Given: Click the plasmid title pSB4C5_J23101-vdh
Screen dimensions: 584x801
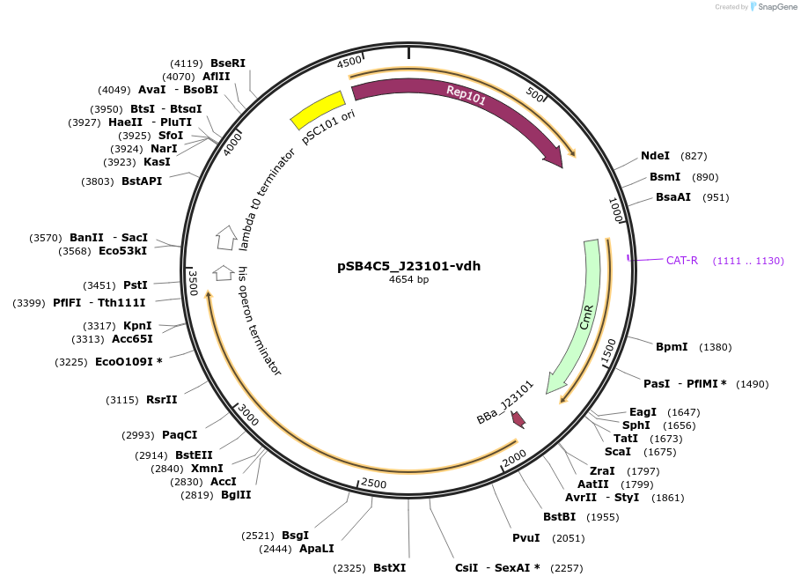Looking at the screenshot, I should coord(408,266).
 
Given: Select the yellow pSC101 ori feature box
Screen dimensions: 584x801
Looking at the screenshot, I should coord(318,110).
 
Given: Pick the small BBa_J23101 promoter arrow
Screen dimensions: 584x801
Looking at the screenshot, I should coord(518,419).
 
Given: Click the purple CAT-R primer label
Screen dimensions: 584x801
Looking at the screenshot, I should coord(681,260).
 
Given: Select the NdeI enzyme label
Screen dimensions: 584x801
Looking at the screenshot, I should coord(655,156).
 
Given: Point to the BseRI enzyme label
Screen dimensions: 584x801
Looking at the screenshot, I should coord(227,63).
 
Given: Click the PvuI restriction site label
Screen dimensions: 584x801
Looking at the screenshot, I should coord(526,538).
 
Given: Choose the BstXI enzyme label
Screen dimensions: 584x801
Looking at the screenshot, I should coord(389,568).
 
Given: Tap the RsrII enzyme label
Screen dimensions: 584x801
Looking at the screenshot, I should coord(161,399).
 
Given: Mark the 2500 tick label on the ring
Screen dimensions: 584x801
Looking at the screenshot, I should coord(374,484).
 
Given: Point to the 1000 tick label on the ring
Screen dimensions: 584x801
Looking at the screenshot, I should coord(615,210).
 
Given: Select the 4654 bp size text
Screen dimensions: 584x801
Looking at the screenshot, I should coord(408,280).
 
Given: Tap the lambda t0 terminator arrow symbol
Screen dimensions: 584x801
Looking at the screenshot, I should coord(226,237).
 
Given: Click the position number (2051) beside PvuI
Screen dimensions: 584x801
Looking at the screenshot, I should coord(568,538).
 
